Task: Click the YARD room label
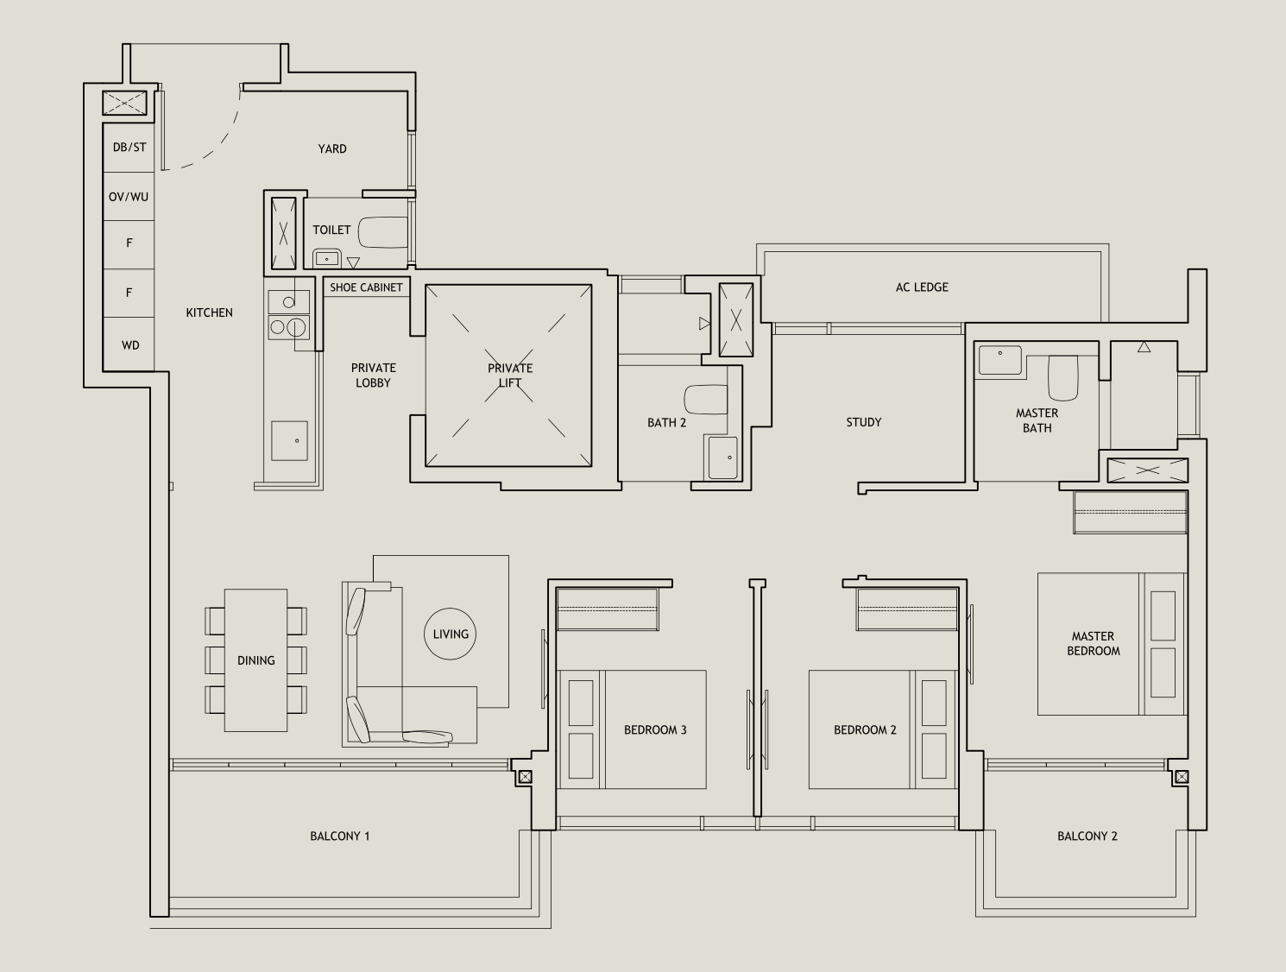[332, 148]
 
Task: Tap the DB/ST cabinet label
[129, 147]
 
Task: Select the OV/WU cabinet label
[129, 197]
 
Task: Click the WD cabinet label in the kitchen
[130, 345]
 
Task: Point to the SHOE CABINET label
[366, 287]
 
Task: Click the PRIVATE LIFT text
[510, 376]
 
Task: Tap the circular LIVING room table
[451, 634]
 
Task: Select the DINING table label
[256, 660]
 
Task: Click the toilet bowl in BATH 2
[705, 400]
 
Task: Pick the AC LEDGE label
[922, 287]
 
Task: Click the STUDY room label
[864, 422]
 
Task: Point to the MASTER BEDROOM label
[1094, 644]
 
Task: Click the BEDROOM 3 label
[655, 730]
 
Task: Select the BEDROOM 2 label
[865, 730]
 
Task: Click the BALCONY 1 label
[340, 836]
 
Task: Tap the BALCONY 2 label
[1087, 836]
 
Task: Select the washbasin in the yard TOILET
[326, 257]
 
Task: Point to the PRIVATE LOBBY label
[374, 376]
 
